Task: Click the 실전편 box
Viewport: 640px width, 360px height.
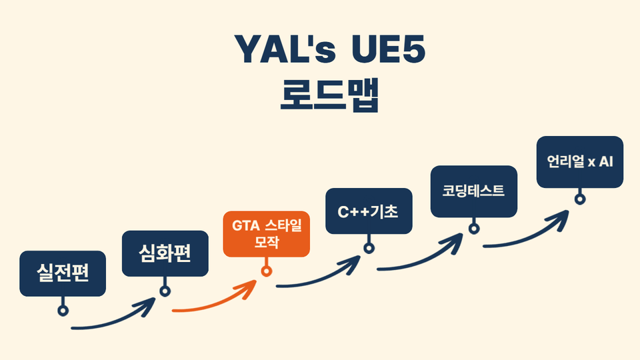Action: click(63, 273)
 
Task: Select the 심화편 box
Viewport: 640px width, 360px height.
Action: click(165, 253)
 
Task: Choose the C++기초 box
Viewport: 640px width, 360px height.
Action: click(369, 212)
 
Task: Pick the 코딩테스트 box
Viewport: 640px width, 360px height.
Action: click(473, 191)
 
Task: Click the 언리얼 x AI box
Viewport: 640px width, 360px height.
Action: click(580, 162)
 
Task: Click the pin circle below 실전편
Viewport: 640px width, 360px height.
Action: click(63, 310)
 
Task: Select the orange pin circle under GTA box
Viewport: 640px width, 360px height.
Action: click(266, 271)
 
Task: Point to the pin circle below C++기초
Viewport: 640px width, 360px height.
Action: click(369, 249)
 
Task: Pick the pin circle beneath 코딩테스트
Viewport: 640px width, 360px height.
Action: click(473, 228)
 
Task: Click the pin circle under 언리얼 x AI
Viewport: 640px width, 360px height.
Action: click(580, 199)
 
